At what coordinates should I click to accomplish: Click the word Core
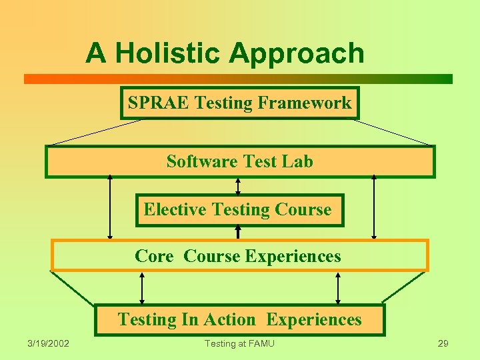[154, 256]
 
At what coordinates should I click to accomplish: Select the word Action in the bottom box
[231, 319]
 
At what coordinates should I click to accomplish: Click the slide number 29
[443, 343]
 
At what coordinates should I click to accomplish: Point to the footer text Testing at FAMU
[239, 343]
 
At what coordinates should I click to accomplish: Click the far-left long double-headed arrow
[110, 207]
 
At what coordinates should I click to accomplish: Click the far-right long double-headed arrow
[374, 207]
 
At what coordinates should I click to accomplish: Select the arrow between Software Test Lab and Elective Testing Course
[238, 186]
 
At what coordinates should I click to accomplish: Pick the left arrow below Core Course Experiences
[141, 288]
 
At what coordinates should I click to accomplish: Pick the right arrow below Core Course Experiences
[338, 288]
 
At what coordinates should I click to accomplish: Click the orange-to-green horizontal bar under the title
[238, 79]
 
